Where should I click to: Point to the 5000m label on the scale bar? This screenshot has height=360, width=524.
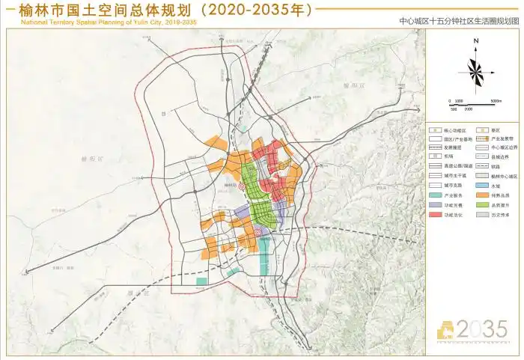(x=495, y=100)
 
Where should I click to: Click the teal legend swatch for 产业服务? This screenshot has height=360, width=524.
(x=434, y=195)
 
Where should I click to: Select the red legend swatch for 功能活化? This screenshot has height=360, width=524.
(x=434, y=214)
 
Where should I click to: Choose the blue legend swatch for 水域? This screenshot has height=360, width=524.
(x=482, y=185)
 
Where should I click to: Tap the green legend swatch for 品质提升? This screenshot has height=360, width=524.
(x=482, y=204)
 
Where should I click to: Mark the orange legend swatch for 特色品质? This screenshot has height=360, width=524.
(x=482, y=195)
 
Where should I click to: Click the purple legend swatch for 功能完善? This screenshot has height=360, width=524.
(x=434, y=204)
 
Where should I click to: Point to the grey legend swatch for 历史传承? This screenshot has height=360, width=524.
(x=482, y=214)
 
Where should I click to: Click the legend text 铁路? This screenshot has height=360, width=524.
(x=497, y=166)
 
